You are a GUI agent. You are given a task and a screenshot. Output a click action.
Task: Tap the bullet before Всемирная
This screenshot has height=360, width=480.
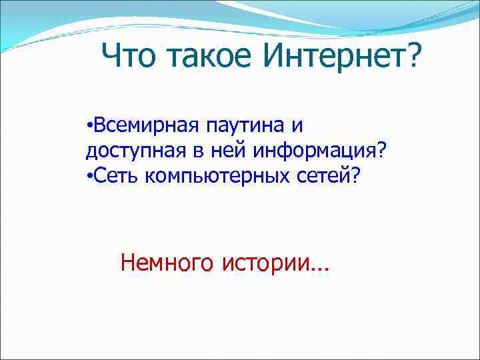[89, 125]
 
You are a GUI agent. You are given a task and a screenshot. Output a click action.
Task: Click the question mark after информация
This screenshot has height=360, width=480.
[381, 151]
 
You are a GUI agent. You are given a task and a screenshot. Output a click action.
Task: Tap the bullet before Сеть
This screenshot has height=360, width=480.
[89, 176]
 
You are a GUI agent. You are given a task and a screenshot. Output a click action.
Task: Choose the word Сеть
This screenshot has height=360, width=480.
[114, 176]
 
